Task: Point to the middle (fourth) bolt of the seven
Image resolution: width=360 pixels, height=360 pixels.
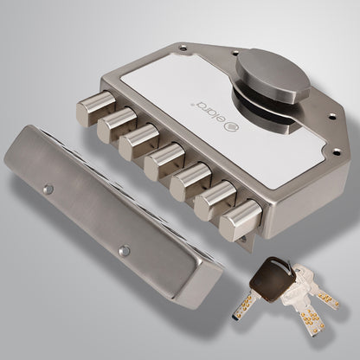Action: pyautogui.click(x=161, y=161)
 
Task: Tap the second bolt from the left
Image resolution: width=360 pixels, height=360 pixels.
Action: pyautogui.click(x=112, y=125)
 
